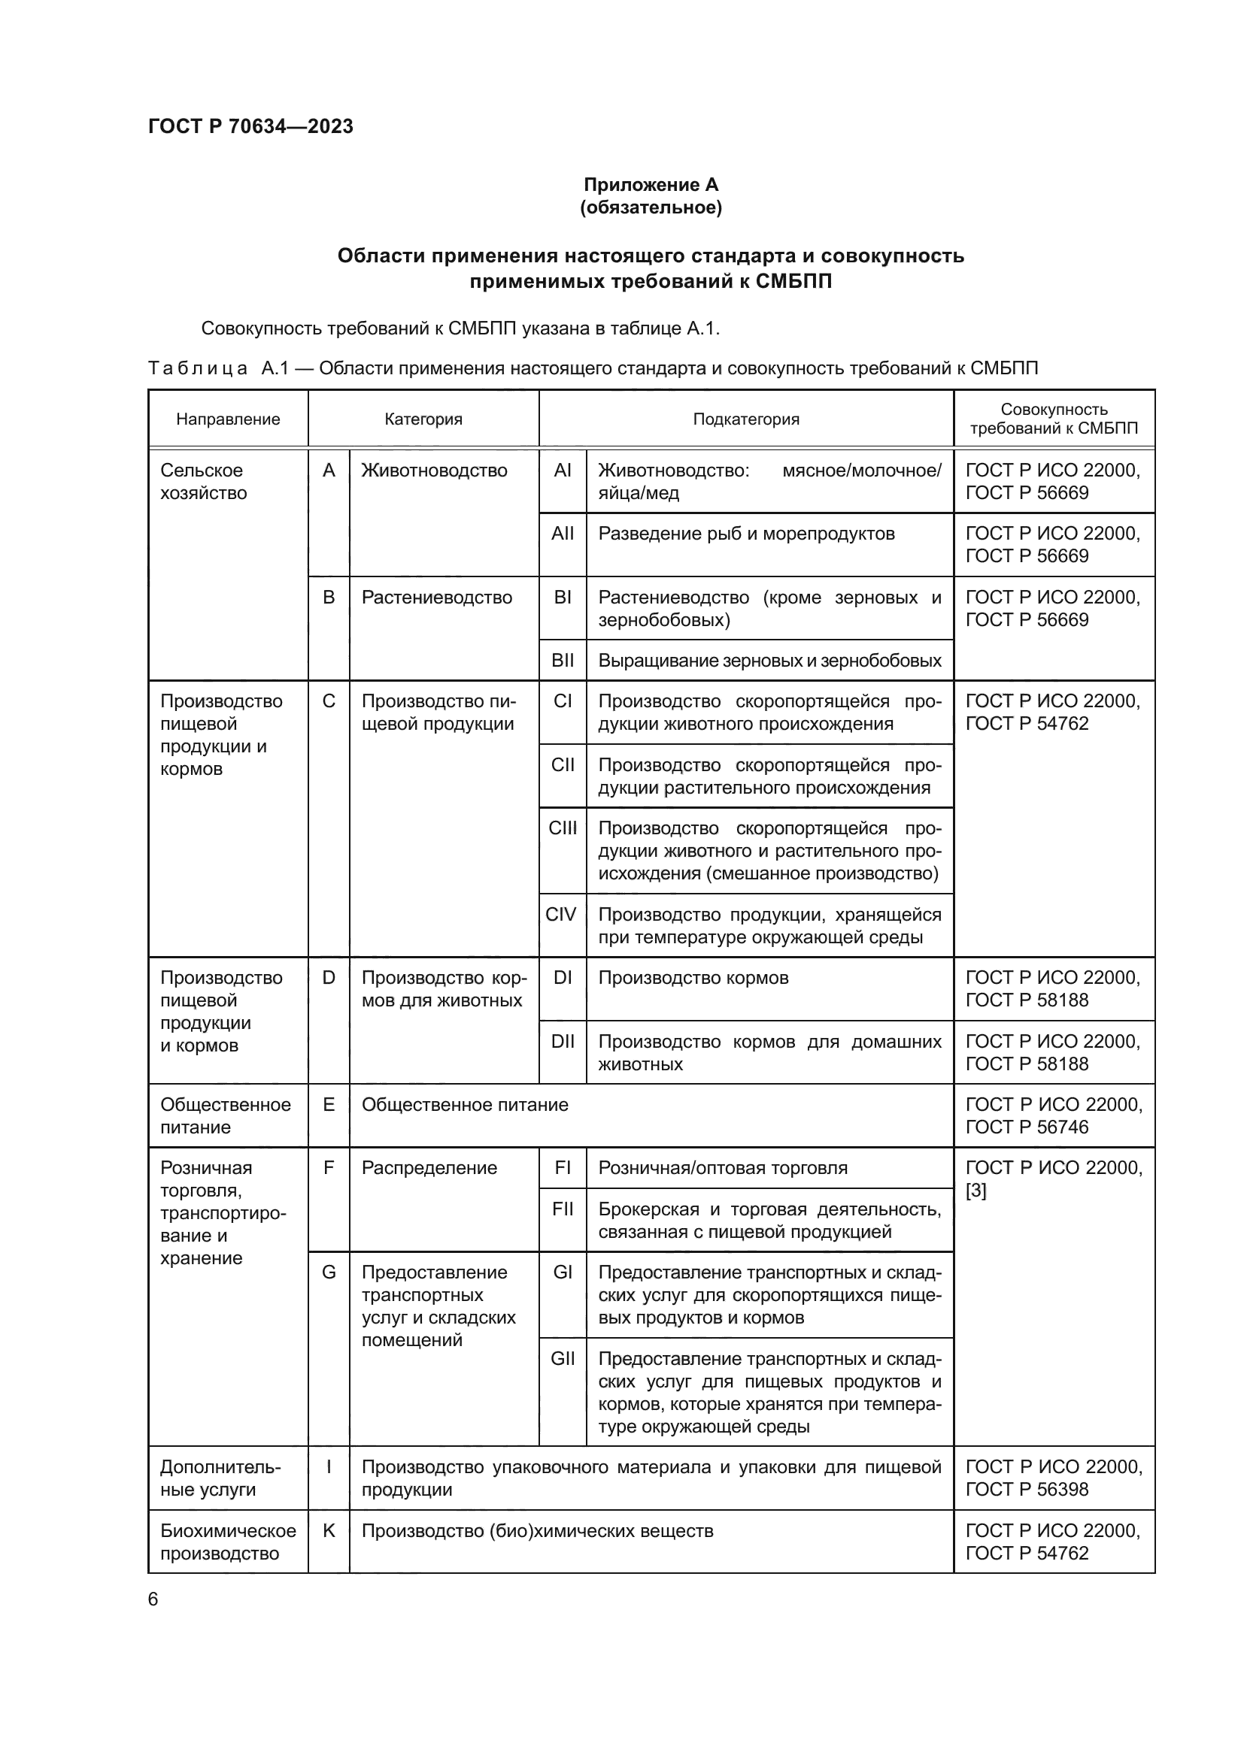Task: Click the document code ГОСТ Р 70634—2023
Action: pyautogui.click(x=250, y=126)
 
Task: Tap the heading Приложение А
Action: pyautogui.click(x=651, y=185)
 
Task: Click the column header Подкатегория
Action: pyautogui.click(x=745, y=419)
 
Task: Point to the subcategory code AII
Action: pyautogui.click(x=563, y=534)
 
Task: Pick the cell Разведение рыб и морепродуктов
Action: pyautogui.click(x=745, y=534)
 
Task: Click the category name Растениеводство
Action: pyautogui.click(x=437, y=598)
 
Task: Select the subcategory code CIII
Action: pyautogui.click(x=563, y=828)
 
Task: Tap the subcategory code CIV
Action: pyautogui.click(x=561, y=914)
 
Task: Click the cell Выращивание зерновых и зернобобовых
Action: pyautogui.click(x=769, y=661)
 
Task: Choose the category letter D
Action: pyautogui.click(x=329, y=978)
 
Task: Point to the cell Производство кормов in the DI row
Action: pyautogui.click(x=693, y=978)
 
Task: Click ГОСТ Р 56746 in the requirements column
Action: pyautogui.click(x=1027, y=1127)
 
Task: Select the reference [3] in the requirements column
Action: pyautogui.click(x=976, y=1191)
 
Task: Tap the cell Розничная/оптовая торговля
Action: pyautogui.click(x=722, y=1168)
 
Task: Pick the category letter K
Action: pyautogui.click(x=329, y=1530)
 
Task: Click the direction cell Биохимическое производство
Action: pyautogui.click(x=227, y=1542)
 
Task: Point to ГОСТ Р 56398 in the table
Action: pyautogui.click(x=1027, y=1489)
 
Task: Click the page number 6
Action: pyautogui.click(x=153, y=1599)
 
